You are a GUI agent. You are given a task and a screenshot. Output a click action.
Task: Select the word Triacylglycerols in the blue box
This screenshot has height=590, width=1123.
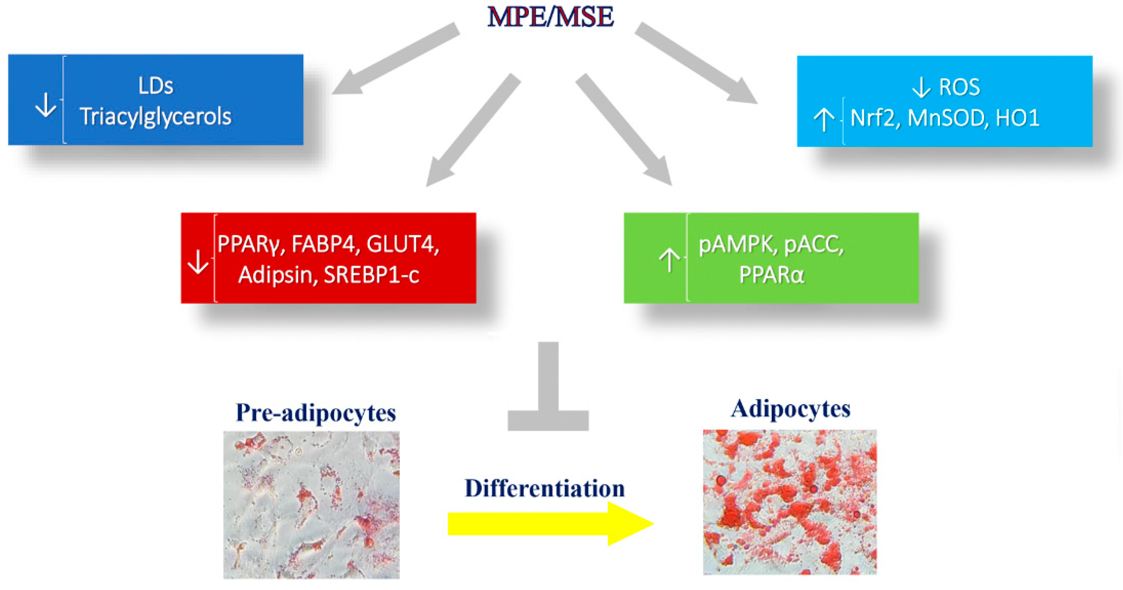155,117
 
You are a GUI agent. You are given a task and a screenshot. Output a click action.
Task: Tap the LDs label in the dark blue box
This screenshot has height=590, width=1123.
156,86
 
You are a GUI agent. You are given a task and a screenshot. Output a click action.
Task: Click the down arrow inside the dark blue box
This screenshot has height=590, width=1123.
46,106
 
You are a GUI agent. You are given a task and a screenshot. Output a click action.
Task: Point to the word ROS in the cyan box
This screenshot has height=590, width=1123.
959,87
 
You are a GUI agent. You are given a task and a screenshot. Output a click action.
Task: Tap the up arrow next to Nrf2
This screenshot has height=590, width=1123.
824,120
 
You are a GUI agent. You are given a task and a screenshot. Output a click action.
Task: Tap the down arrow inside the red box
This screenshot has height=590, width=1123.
198,262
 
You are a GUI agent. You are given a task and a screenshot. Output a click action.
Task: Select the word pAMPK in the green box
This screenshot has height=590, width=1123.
737,245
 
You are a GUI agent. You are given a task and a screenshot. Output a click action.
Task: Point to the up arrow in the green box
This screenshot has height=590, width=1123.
669,260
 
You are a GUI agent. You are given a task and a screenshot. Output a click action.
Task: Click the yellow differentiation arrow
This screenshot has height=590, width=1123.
549,524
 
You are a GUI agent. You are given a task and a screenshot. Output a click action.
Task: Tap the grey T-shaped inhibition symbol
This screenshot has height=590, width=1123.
548,392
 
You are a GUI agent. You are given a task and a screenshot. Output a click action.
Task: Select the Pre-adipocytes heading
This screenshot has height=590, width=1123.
316,413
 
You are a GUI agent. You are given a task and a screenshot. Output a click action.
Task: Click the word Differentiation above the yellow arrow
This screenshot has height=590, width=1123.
545,489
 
